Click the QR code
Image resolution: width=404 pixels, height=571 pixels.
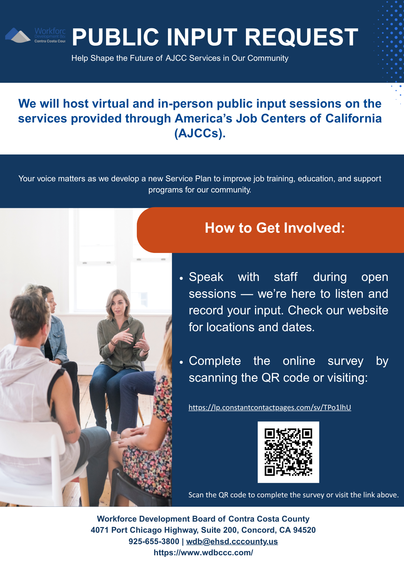coord(288,452)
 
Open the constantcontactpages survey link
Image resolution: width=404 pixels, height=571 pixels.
coord(270,407)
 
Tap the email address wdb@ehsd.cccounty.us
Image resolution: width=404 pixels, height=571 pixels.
coord(232,541)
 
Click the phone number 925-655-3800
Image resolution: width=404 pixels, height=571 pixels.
coord(154,541)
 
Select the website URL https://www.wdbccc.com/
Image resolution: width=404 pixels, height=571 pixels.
coord(203,552)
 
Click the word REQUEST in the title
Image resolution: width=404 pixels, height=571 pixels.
coord(301,37)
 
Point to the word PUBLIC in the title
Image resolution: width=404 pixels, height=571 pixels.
coord(115,37)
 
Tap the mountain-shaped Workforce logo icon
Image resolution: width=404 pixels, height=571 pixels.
coord(18,35)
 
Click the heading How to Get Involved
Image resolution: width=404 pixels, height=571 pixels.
coord(275,228)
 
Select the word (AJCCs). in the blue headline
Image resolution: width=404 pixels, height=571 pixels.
coord(200,133)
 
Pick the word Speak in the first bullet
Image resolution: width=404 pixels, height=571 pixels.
coord(206,277)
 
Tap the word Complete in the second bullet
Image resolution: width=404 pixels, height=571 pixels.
coord(215,361)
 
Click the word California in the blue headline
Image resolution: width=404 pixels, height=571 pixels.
coord(354,118)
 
